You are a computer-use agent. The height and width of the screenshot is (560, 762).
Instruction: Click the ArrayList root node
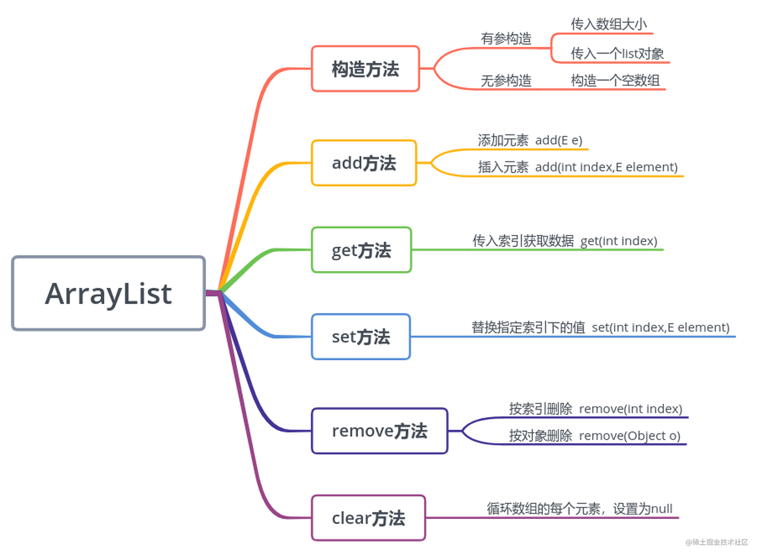coord(108,293)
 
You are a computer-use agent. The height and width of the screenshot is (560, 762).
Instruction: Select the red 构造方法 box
coord(365,69)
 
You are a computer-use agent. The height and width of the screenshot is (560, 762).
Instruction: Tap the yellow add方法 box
coord(363,163)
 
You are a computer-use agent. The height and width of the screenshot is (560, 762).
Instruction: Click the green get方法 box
coord(361,250)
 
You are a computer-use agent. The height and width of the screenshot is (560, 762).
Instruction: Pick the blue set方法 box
coord(360,336)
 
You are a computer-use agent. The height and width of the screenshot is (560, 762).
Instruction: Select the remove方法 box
coord(379,431)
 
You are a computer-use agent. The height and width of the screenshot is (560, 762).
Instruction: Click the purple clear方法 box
coord(368,518)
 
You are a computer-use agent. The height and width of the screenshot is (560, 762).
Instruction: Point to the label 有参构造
coord(506,39)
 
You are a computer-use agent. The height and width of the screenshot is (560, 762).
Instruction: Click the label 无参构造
coord(506,81)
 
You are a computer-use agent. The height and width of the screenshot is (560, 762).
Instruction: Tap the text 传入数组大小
coord(609,24)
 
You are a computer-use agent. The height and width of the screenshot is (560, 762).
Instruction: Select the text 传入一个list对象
coord(617,53)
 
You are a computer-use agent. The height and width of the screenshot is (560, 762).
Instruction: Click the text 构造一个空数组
coord(615,81)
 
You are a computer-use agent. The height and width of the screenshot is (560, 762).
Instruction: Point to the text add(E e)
coord(558,140)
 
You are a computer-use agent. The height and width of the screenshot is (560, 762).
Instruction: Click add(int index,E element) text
coord(606,167)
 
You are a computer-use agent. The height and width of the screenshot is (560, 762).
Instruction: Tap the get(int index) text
coord(619,241)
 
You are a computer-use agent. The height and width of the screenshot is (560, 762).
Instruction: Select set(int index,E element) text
coord(660,328)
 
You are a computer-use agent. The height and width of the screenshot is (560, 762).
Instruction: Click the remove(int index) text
coord(630,409)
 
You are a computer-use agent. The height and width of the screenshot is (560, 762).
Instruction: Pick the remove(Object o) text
coord(630,435)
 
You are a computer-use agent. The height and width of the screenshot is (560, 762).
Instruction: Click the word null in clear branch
coord(661,509)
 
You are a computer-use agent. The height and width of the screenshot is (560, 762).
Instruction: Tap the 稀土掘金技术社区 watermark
coord(716,542)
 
